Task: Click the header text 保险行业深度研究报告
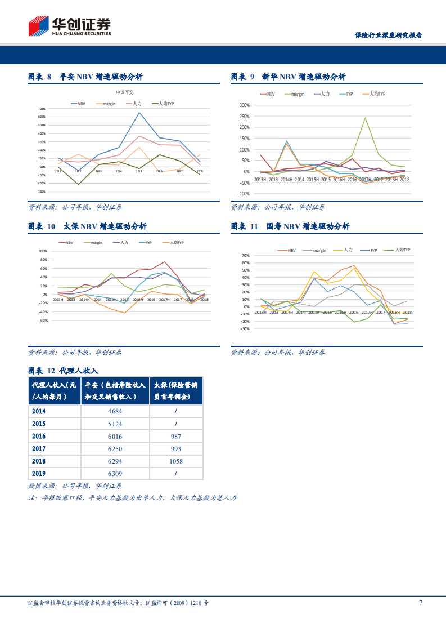point(388,35)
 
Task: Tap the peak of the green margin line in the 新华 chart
point(365,118)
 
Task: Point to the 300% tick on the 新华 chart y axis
point(244,105)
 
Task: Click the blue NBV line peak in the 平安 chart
point(139,112)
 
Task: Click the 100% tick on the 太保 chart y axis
point(43,251)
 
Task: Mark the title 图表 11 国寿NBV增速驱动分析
point(290,226)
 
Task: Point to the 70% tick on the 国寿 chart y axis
point(245,255)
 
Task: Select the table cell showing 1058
point(176,461)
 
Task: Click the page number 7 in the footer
point(421,603)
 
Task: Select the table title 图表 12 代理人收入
point(63,370)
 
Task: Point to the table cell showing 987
point(176,436)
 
